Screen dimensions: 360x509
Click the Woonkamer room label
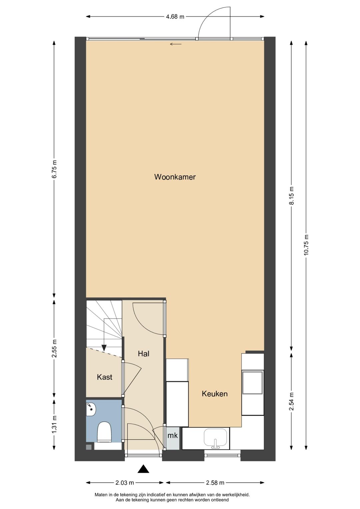(175, 177)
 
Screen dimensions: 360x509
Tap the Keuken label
(215, 394)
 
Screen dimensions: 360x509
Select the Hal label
(144, 353)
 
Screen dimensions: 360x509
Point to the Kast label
(105, 377)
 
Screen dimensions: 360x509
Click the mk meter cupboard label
(173, 435)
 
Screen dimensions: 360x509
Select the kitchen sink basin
(215, 437)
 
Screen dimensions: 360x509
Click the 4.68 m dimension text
(175, 17)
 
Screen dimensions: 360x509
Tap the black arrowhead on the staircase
(104, 347)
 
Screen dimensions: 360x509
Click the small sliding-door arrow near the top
(176, 44)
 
